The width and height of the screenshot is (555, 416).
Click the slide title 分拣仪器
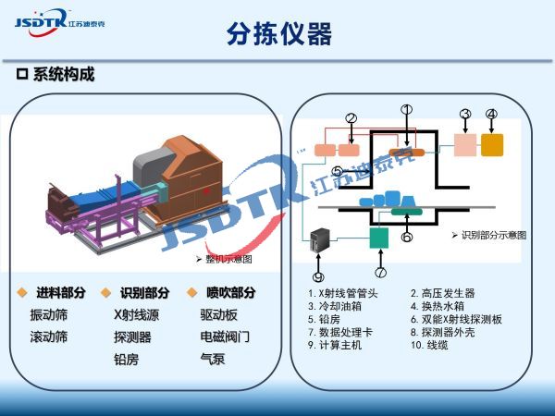(x=278, y=34)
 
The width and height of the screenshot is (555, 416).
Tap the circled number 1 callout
(x=405, y=110)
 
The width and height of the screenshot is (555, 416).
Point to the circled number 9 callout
(x=317, y=275)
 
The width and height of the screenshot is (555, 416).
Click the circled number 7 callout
(x=381, y=272)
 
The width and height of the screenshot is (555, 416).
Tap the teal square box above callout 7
(x=379, y=238)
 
